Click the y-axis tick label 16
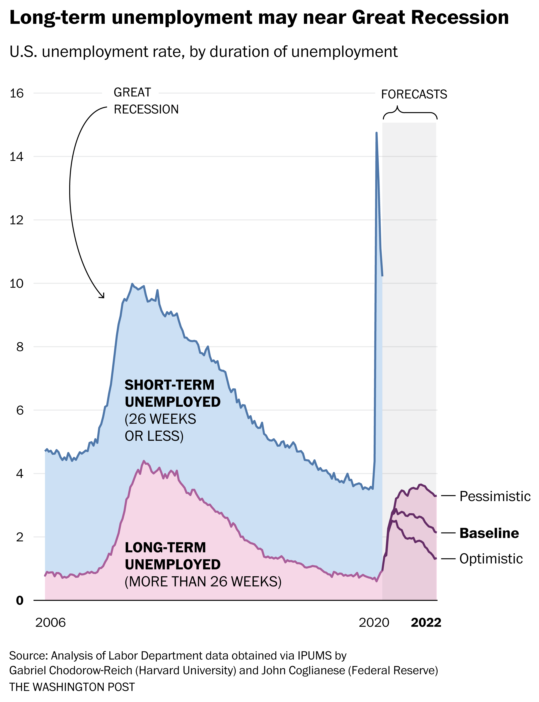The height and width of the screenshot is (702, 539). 17,94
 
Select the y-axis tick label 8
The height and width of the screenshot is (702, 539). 20,347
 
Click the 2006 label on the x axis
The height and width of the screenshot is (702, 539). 50,623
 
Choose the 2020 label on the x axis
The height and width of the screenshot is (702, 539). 374,623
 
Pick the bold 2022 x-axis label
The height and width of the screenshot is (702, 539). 426,623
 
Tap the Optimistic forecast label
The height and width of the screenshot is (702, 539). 491,559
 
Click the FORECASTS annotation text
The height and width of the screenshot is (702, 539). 414,94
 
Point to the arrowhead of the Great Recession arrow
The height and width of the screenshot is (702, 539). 103,297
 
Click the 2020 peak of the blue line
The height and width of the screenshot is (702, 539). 376,133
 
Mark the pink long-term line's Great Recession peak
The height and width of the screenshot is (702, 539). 144,461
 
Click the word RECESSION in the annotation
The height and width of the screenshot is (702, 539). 146,109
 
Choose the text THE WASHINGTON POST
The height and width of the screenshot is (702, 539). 72,687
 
